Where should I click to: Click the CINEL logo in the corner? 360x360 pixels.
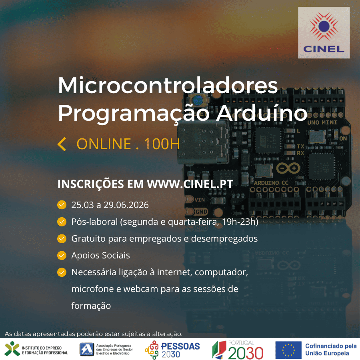point(324,32)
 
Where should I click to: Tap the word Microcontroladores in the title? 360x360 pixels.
point(168,85)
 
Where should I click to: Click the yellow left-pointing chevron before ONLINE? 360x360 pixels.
point(62,144)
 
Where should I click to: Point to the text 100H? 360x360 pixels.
point(162,144)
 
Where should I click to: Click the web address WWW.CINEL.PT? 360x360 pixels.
point(190,184)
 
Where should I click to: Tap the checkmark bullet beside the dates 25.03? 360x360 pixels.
point(62,205)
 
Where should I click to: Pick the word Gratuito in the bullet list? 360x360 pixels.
point(88,239)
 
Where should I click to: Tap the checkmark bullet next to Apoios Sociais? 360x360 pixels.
point(62,255)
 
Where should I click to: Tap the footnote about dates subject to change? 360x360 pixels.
point(93,334)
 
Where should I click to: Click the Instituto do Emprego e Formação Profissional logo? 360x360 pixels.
point(36,349)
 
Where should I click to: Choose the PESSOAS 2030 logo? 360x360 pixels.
point(172,349)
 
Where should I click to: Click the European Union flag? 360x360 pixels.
point(288,350)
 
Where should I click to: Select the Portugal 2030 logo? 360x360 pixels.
point(238,350)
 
